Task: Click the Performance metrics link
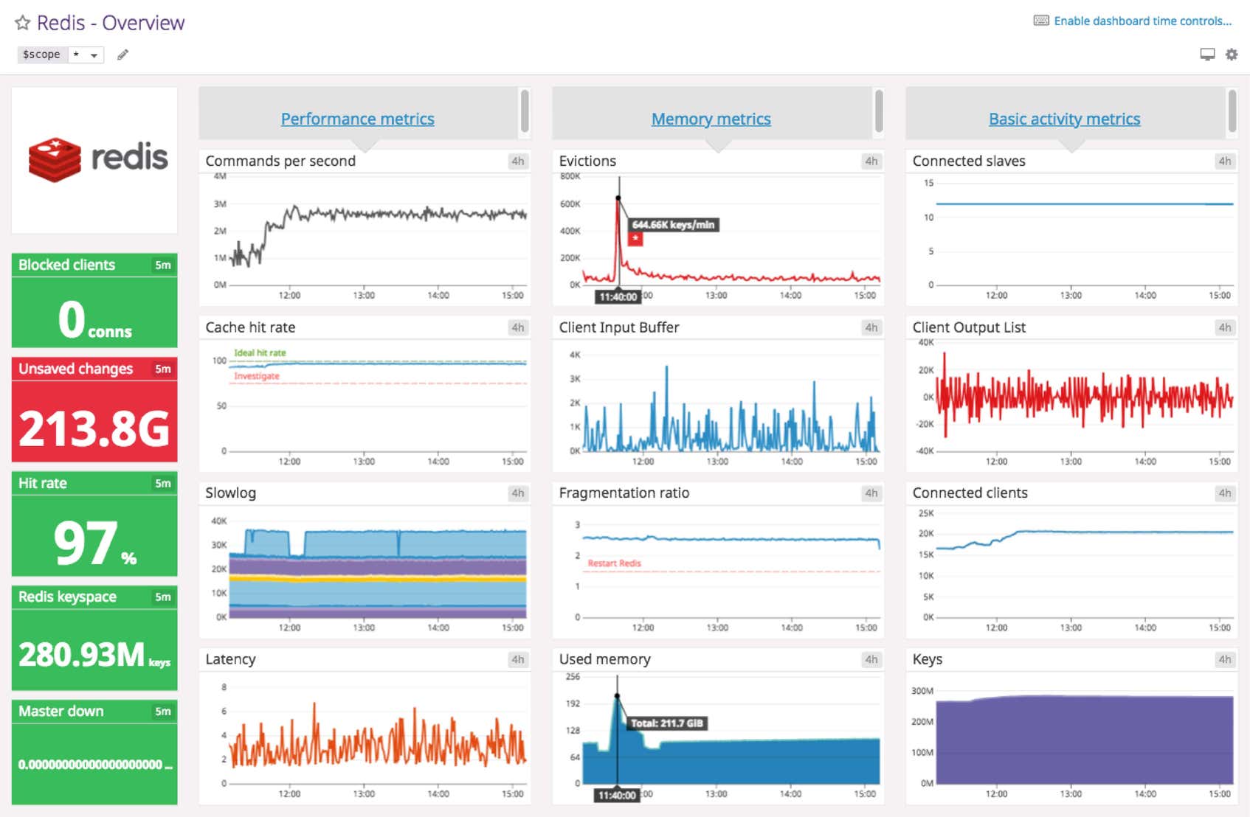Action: tap(357, 119)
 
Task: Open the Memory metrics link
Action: tap(711, 119)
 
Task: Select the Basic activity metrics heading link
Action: tap(1064, 119)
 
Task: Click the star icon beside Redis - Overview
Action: tap(23, 23)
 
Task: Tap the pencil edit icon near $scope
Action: tap(123, 55)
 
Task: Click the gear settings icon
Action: tap(1232, 55)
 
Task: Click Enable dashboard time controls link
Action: tap(1142, 21)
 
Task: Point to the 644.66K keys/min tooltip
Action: tap(673, 225)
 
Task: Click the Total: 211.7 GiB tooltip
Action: tap(666, 723)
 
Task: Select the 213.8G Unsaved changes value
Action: tap(94, 428)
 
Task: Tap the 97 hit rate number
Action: tap(86, 543)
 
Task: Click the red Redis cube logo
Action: tap(55, 159)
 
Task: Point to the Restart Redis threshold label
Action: tap(614, 563)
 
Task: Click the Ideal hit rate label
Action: tap(260, 353)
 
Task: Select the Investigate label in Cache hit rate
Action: tap(257, 376)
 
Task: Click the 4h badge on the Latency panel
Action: tap(518, 659)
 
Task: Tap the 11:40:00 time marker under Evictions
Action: tap(618, 296)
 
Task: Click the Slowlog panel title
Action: tap(230, 493)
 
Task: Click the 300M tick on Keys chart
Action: tap(922, 691)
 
